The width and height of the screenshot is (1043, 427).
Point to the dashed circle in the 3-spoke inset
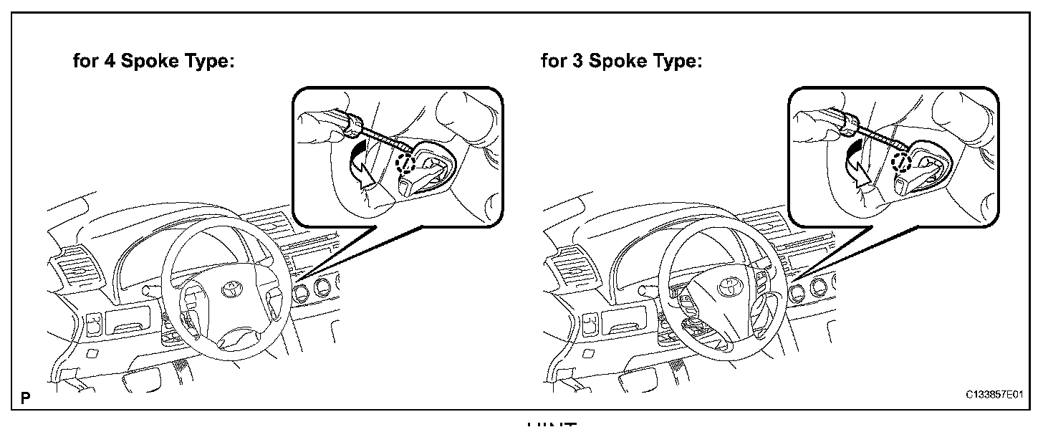coord(900,163)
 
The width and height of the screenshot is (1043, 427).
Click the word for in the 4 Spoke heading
coord(87,62)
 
